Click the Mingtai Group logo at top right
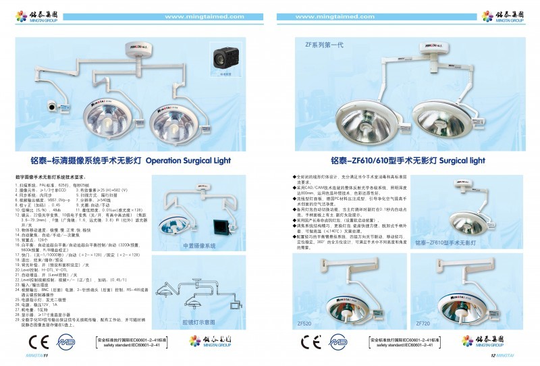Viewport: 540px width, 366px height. tap(501, 16)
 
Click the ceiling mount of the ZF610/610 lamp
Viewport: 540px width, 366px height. tap(429, 49)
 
